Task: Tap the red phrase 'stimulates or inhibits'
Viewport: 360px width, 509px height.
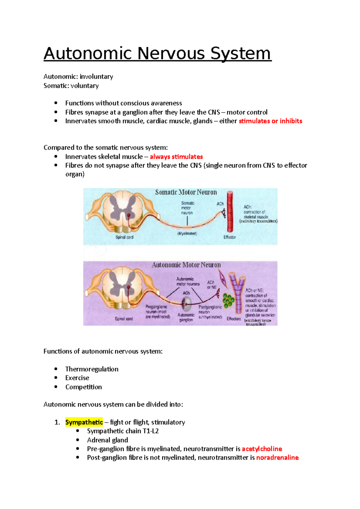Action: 270,121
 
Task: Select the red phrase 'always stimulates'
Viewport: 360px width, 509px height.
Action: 176,157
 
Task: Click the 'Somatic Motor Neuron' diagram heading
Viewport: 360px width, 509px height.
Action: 186,192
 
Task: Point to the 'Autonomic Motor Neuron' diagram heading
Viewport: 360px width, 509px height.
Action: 186,265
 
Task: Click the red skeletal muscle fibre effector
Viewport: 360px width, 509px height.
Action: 230,212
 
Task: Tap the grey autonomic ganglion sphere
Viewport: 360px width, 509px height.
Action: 187,304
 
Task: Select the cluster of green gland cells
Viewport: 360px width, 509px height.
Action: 228,300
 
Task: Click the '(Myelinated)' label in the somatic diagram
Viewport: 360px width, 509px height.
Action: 187,234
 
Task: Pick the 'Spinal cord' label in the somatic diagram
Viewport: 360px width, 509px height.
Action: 124,237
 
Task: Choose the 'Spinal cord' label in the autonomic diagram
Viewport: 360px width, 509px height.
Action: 124,319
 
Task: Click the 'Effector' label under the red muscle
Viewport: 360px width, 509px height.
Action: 229,237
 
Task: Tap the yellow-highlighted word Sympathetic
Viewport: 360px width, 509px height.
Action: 84,422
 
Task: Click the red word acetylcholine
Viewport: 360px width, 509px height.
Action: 262,449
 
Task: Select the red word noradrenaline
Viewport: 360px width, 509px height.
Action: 277,458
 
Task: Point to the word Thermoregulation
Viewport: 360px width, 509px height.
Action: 92,369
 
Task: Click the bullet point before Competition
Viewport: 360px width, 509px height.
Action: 56,387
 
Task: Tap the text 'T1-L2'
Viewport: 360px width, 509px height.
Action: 151,431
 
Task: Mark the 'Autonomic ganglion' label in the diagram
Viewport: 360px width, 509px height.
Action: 186,317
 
